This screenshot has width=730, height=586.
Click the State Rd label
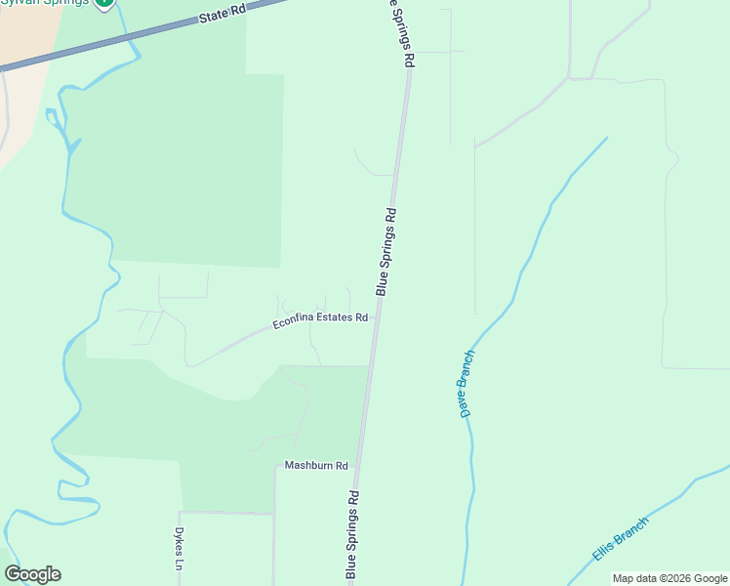pyautogui.click(x=223, y=14)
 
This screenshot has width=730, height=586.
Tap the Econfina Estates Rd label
pyautogui.click(x=319, y=320)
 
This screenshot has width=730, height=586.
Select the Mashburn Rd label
pyautogui.click(x=316, y=466)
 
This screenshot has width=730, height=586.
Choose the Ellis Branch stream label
pyautogui.click(x=620, y=538)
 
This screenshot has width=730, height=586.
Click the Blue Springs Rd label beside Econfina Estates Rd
pyautogui.click(x=386, y=251)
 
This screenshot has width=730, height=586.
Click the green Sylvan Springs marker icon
pyautogui.click(x=104, y=3)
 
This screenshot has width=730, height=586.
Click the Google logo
pyautogui.click(x=33, y=574)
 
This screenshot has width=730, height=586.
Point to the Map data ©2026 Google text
pyautogui.click(x=669, y=578)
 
